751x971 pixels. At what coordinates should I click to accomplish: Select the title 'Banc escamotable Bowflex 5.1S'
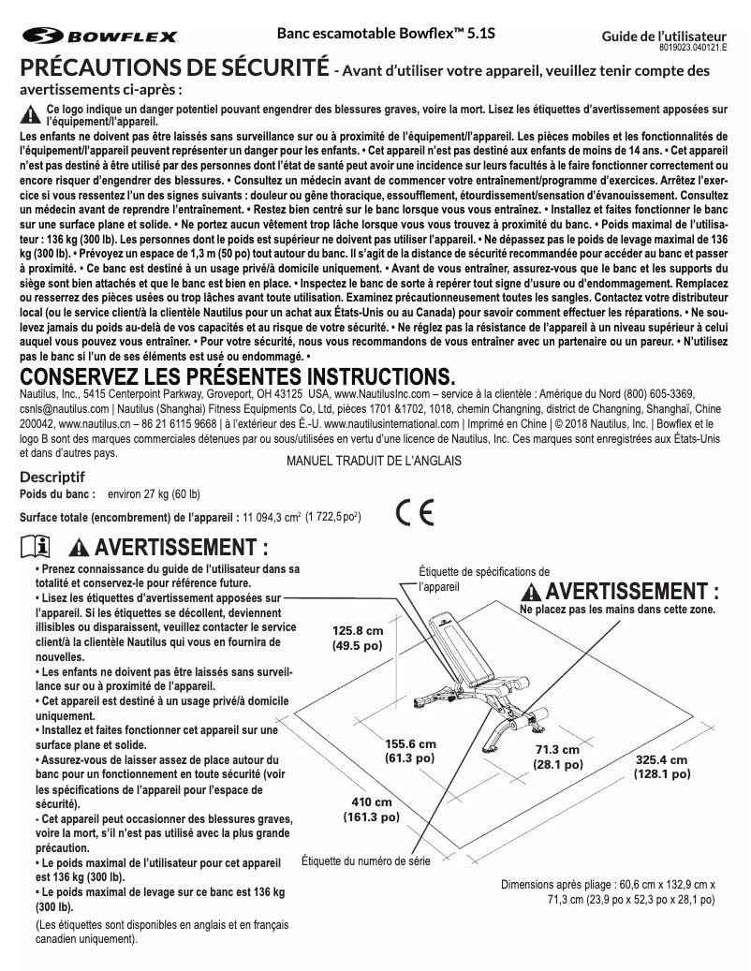[x=386, y=33]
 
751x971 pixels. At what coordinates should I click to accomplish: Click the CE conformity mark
[x=414, y=513]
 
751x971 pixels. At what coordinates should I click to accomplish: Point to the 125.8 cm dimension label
[x=358, y=638]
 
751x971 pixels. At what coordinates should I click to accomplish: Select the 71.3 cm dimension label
[x=558, y=758]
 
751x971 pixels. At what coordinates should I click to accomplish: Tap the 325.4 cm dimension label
[x=661, y=767]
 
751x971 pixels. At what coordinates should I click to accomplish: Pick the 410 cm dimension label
[x=372, y=810]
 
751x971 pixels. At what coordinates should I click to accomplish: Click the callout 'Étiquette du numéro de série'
[x=366, y=861]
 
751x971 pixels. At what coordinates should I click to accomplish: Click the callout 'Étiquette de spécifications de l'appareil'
[x=483, y=578]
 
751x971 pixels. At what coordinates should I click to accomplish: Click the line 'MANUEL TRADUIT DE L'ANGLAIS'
[x=374, y=462]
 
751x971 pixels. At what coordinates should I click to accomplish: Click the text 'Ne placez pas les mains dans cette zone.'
[x=617, y=610]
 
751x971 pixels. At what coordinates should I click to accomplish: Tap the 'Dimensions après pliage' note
[x=608, y=891]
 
